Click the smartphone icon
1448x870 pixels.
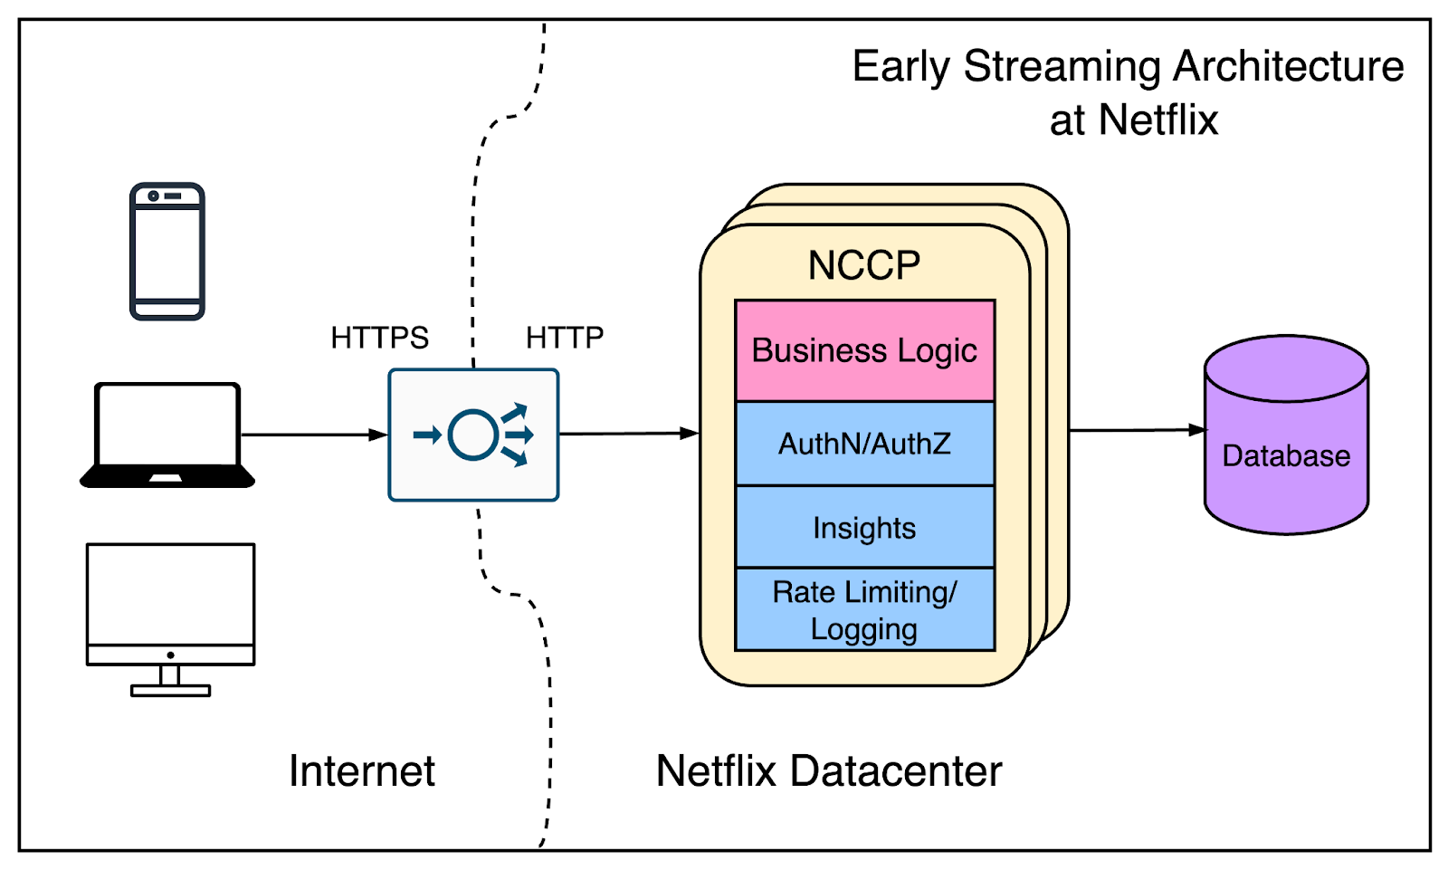click(x=167, y=252)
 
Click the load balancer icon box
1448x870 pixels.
click(x=473, y=435)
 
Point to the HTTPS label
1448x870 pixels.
click(x=379, y=338)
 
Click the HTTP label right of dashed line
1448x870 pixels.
click(x=564, y=338)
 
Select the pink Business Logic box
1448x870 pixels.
click(x=864, y=350)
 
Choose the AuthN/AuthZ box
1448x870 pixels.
click(x=864, y=444)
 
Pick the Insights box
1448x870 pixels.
click(x=864, y=528)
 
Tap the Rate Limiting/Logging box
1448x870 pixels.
click(x=864, y=609)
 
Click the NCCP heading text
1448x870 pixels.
click(x=863, y=266)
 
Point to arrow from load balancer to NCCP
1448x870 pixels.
click(x=628, y=434)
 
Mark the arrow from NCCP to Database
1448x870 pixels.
click(x=1137, y=430)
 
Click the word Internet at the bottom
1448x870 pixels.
click(x=362, y=771)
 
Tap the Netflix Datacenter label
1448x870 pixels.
click(x=828, y=771)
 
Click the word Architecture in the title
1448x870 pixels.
click(x=1289, y=67)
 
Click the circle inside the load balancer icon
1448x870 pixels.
click(x=472, y=435)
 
